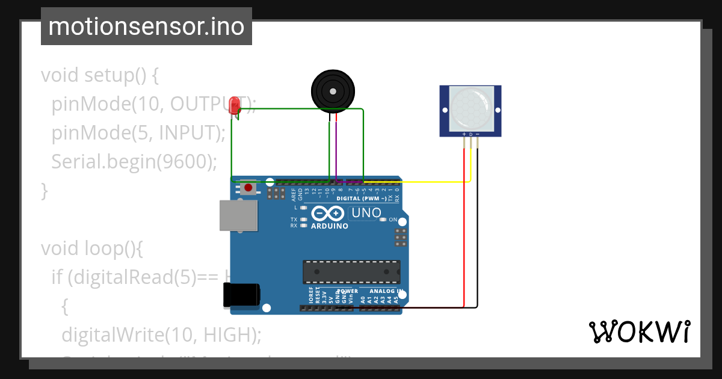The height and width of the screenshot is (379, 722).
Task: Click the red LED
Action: (236, 105)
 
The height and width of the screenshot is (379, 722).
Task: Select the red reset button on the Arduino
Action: (248, 188)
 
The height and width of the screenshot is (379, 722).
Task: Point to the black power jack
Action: (241, 294)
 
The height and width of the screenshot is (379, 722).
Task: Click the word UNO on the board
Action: (366, 213)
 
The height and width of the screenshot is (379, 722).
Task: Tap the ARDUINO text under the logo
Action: (329, 226)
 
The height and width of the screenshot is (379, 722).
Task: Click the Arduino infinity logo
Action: (329, 214)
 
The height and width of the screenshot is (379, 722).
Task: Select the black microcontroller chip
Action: (351, 272)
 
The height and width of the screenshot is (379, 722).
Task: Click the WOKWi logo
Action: (639, 332)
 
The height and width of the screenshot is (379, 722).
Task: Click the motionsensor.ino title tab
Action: (146, 26)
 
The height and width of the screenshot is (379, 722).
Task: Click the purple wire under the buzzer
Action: (336, 150)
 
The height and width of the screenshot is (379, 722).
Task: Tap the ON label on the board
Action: (393, 220)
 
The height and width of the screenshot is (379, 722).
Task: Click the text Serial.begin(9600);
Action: (133, 161)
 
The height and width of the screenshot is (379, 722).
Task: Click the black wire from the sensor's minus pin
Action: (478, 229)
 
